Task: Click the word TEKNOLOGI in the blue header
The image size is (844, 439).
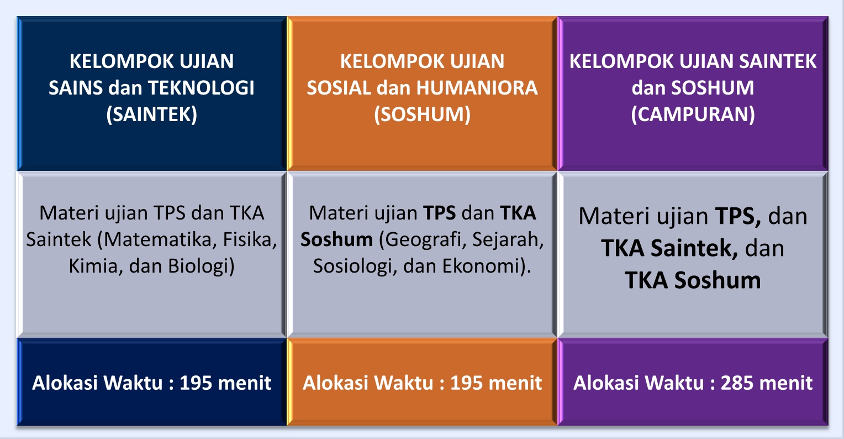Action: pos(201,88)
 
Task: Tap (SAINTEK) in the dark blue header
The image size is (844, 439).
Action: pos(151,114)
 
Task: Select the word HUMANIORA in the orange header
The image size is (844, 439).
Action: pos(477,88)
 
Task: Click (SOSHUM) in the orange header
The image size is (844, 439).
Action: pos(422,114)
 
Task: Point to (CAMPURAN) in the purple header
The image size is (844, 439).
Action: pos(693,114)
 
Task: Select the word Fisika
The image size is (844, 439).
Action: pos(250,240)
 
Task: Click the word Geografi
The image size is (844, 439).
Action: pos(426,240)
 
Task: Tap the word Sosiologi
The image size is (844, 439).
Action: pos(355,266)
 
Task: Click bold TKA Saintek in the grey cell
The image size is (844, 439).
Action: pos(669,249)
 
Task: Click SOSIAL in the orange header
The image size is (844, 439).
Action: pos(339,88)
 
